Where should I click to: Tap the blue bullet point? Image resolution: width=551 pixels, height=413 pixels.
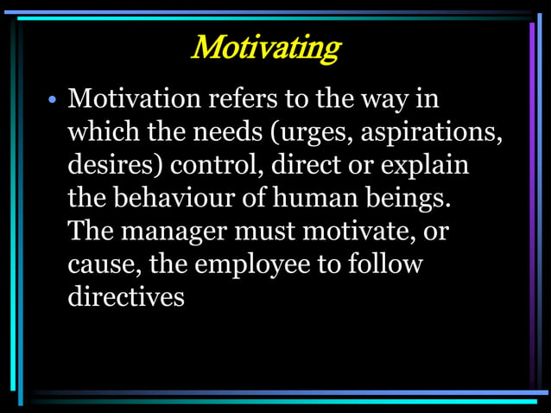52,101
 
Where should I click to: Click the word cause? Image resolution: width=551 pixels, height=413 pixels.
104,264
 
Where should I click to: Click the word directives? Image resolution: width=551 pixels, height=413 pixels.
126,296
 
